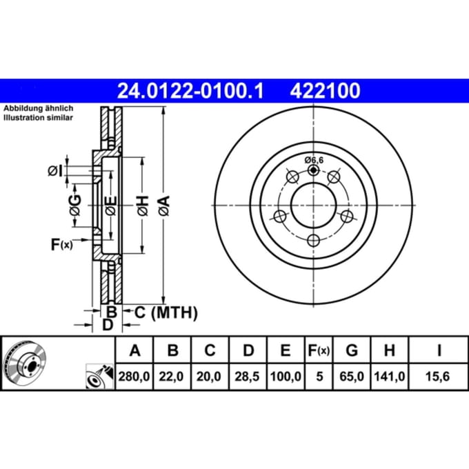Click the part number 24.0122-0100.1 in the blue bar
tap(190, 91)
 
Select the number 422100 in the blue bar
tap(325, 91)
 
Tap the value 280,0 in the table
tap(134, 377)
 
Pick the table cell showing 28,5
tap(247, 377)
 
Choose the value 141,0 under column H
tap(390, 377)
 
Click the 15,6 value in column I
tap(437, 377)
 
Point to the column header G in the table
tap(352, 350)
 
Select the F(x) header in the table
tap(319, 350)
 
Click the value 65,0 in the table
tap(352, 377)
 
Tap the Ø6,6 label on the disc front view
tap(314, 160)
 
